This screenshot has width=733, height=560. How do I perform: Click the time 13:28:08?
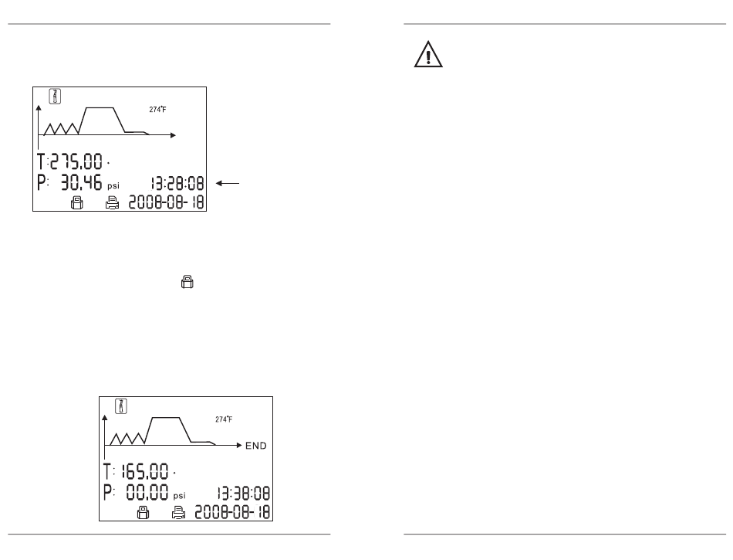point(177,184)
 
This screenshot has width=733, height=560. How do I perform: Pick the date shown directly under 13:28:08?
point(168,203)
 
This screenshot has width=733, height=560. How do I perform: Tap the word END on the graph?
point(258,446)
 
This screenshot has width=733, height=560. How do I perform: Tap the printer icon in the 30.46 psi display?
point(112,203)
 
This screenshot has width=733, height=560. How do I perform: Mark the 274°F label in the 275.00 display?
point(157,110)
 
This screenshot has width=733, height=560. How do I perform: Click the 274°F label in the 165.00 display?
point(224,419)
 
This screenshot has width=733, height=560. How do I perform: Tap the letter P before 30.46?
point(43,184)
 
